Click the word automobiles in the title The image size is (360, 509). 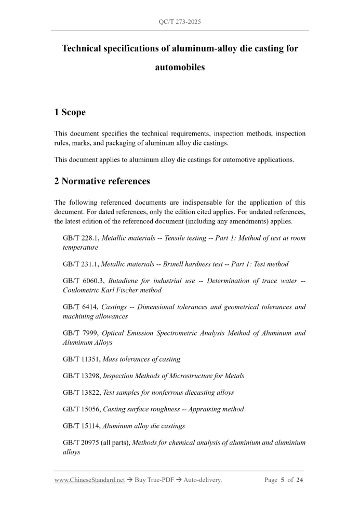coord(180,67)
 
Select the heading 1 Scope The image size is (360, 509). coord(70,112)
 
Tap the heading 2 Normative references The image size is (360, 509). coord(102,181)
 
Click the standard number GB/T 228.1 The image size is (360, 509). coord(81,238)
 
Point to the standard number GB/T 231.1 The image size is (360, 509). coord(81,264)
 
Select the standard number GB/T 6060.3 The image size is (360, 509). coord(83,281)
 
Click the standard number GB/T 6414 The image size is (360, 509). coord(78,307)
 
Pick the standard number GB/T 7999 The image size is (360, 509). coord(78,333)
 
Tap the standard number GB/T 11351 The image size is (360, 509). coord(81,358)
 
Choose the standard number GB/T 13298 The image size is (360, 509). coord(81,376)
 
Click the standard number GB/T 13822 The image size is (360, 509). coord(81,392)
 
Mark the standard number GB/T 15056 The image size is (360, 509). coord(81,409)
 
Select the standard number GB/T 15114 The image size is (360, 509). coord(81,426)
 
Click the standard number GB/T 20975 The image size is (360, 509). coord(81,443)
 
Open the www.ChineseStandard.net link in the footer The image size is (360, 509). coord(89,480)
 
